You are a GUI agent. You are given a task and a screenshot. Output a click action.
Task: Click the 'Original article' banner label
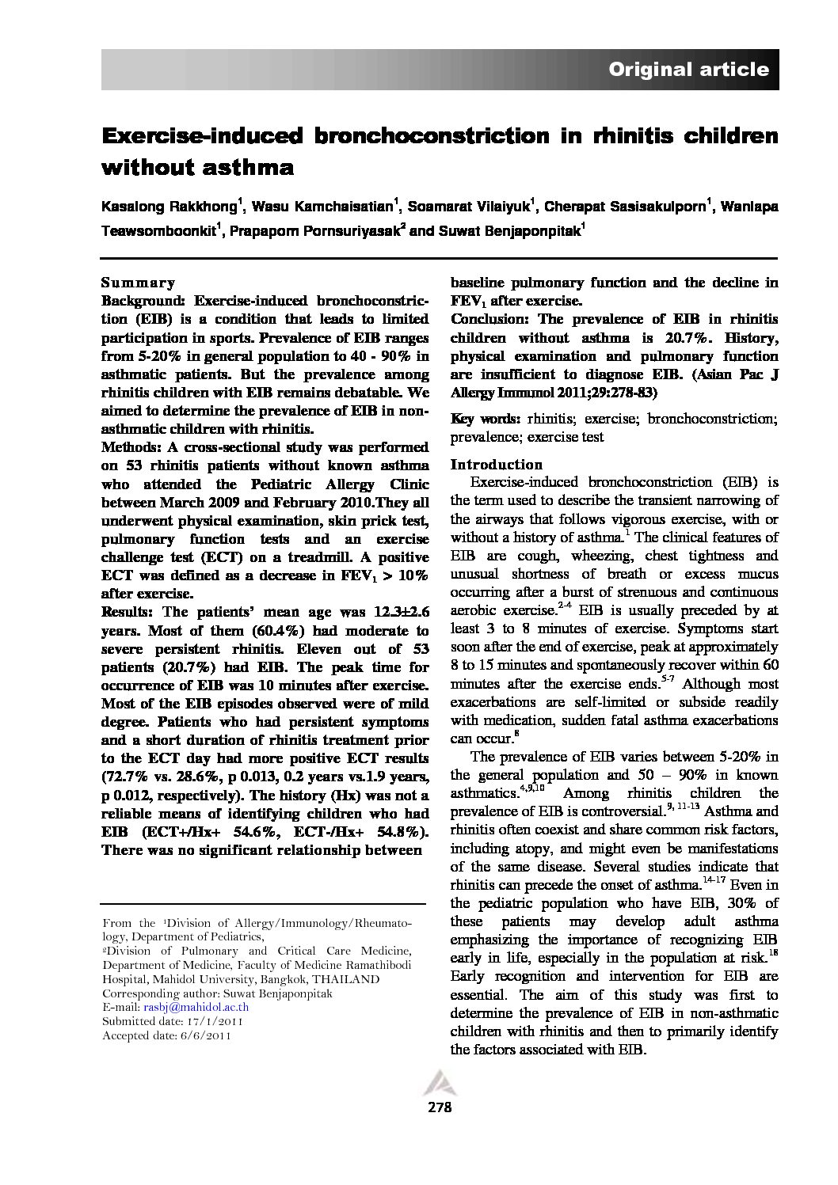coord(688,70)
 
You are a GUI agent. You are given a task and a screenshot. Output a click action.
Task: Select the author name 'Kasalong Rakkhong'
coord(169,207)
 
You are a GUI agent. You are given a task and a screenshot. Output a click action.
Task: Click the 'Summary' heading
coord(138,283)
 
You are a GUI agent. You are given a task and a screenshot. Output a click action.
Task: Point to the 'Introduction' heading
coord(497,465)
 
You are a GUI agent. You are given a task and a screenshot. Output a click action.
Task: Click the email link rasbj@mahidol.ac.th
coord(196,1008)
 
